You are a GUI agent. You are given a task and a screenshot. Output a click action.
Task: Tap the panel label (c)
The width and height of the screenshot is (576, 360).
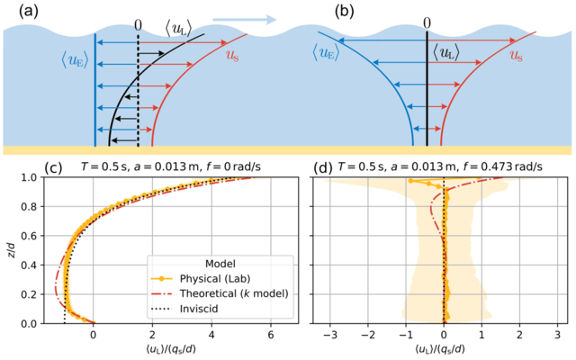(x=17, y=166)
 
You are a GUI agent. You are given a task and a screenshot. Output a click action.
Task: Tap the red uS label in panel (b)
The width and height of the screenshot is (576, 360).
(x=517, y=54)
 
